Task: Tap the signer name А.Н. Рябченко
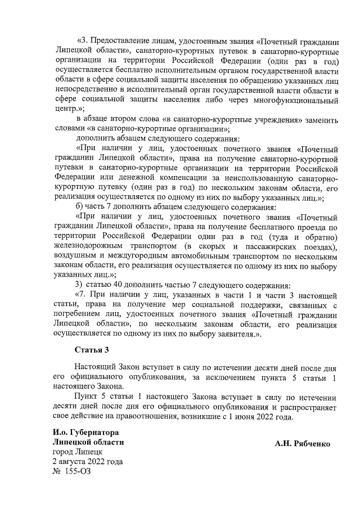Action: tap(303, 443)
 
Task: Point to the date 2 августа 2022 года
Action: tap(87, 461)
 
